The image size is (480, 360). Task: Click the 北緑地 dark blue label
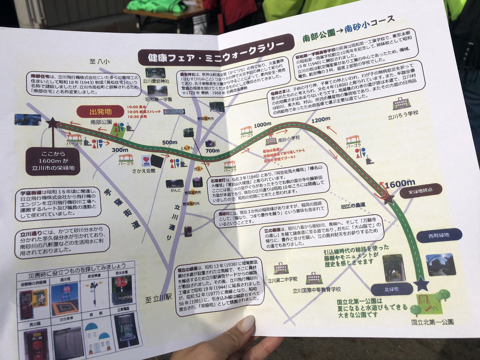pyautogui.click(x=392, y=288)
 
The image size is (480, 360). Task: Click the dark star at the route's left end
pyautogui.click(x=53, y=123)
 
